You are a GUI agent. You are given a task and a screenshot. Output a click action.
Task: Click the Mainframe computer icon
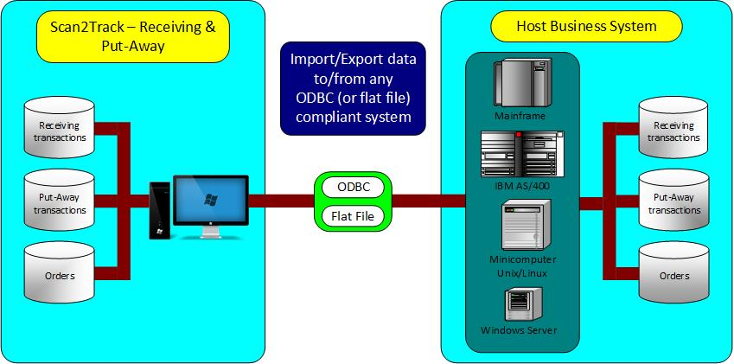point(519,82)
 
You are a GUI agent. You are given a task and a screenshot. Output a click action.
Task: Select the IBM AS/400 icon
point(521,153)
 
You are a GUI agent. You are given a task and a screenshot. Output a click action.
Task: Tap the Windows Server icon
point(519,303)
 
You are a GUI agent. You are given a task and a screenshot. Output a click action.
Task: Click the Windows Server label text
point(519,330)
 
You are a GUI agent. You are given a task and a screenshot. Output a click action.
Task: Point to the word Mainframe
point(519,114)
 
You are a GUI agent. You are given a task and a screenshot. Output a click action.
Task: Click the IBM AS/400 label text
point(521,184)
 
